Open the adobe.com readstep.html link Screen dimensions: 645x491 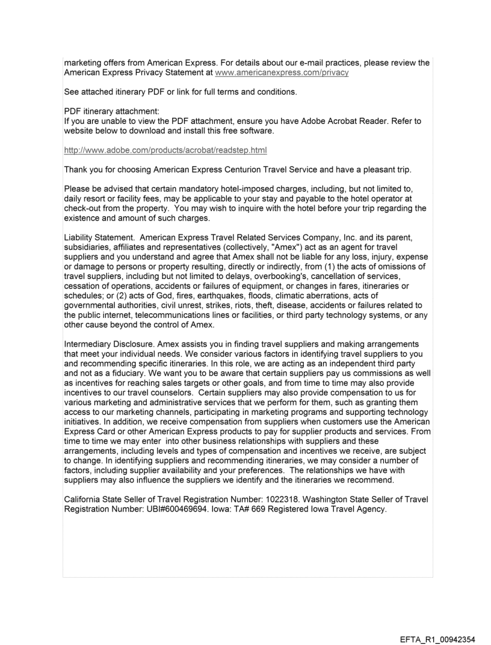click(165, 150)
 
